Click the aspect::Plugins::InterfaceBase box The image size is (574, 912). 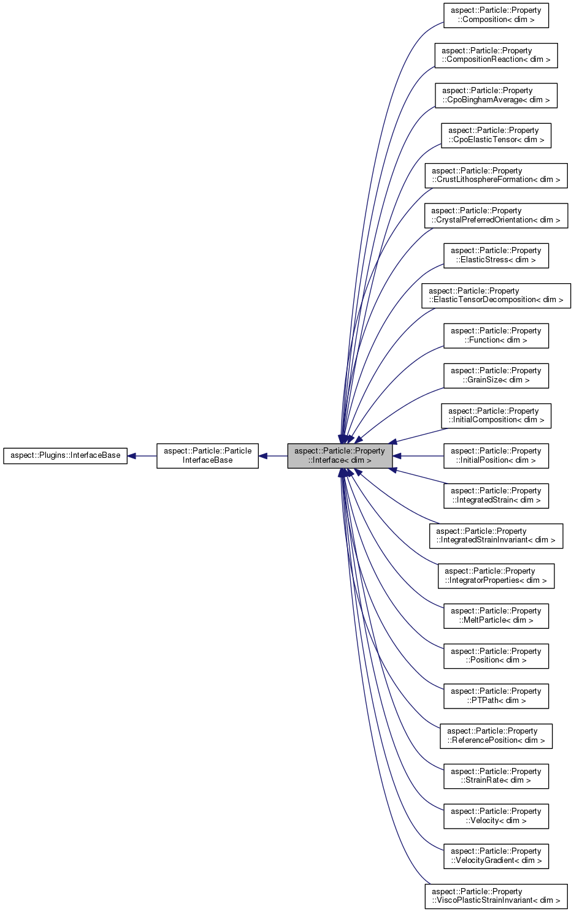coord(65,455)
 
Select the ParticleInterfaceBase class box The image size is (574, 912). coord(207,455)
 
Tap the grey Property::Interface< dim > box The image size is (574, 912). coord(339,455)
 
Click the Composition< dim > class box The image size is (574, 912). coord(496,15)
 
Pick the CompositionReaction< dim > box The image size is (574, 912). coord(496,55)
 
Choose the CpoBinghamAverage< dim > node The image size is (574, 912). coord(496,95)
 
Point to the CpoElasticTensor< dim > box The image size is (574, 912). coord(496,135)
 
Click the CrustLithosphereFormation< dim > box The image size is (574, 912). coord(496,175)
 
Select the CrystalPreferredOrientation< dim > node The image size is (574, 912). coord(496,215)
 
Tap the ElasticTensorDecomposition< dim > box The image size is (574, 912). coord(496,295)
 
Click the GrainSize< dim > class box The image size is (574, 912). coord(496,375)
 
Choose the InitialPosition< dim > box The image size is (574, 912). coord(496,455)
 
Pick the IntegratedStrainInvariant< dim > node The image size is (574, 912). coord(496,536)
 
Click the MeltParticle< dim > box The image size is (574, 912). coord(496,615)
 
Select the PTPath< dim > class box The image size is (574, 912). coord(496,696)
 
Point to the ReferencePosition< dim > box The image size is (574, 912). coord(496,735)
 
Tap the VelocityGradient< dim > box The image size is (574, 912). coord(496,856)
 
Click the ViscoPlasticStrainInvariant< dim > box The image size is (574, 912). coord(496,896)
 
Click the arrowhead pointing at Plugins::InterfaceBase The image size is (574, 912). coord(132,455)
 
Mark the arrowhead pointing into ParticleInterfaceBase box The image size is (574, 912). coord(263,455)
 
